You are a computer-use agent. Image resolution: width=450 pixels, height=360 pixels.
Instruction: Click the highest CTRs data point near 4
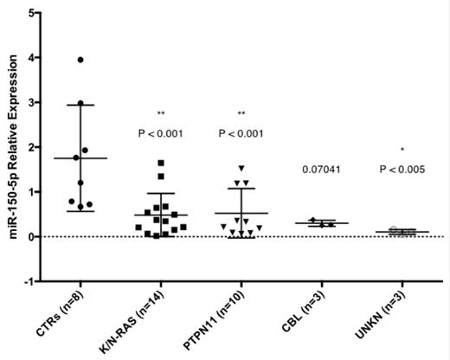coord(80,60)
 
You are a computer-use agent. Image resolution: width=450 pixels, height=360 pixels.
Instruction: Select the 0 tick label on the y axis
coord(31,237)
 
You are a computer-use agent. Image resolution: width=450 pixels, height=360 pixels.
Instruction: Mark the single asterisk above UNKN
coord(402,150)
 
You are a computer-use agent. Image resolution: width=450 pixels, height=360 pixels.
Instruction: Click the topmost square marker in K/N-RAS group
coord(161,163)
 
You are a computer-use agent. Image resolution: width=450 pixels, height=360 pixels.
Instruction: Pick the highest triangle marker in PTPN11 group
coord(242,168)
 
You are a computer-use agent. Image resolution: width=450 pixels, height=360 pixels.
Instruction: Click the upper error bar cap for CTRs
coord(80,105)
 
